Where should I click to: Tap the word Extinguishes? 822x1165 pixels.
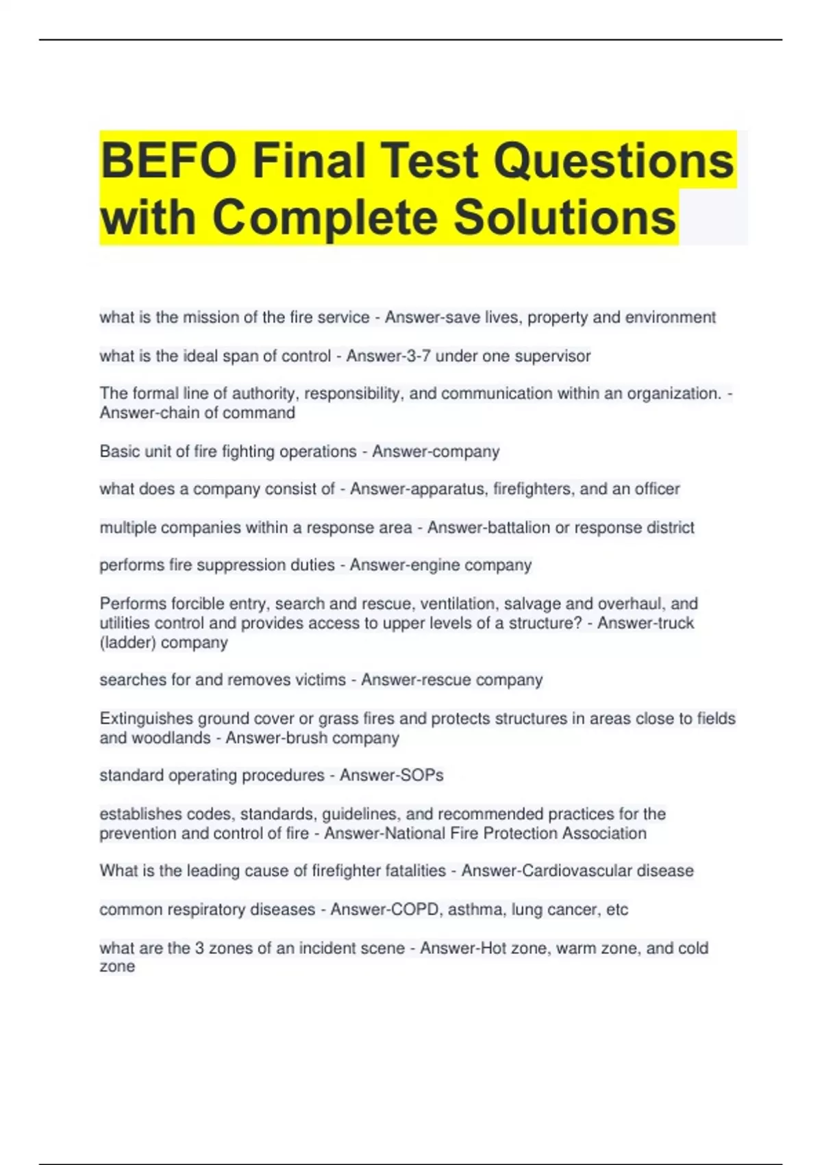point(147,718)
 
